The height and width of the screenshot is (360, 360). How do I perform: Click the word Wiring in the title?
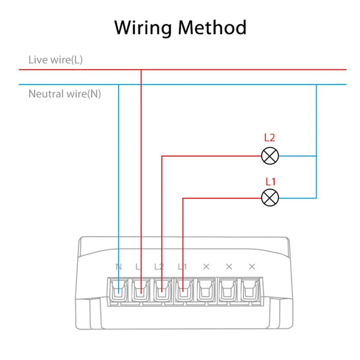click(143, 28)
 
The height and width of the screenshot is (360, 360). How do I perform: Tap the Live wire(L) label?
click(55, 59)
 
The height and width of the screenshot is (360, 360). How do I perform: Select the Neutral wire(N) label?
click(65, 94)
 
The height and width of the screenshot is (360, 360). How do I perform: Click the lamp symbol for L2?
click(270, 156)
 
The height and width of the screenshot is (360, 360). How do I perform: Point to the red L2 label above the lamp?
click(270, 138)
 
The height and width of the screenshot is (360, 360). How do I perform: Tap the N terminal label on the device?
click(118, 266)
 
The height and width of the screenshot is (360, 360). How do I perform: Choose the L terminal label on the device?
click(138, 266)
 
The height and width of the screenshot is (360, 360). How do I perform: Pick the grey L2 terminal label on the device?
click(159, 266)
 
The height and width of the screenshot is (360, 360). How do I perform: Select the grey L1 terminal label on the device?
click(182, 266)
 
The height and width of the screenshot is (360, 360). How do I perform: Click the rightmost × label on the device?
click(252, 266)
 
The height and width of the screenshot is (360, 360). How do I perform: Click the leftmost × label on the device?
click(206, 266)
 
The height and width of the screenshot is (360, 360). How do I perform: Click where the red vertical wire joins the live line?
click(141, 70)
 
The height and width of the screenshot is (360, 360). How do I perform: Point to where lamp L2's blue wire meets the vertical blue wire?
click(316, 156)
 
